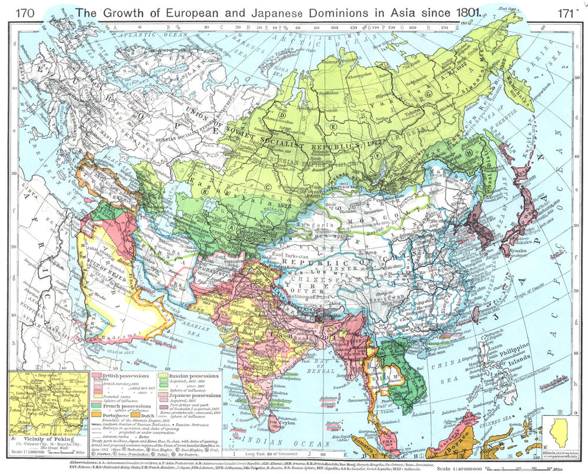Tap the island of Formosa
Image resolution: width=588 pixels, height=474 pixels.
click(x=475, y=314)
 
